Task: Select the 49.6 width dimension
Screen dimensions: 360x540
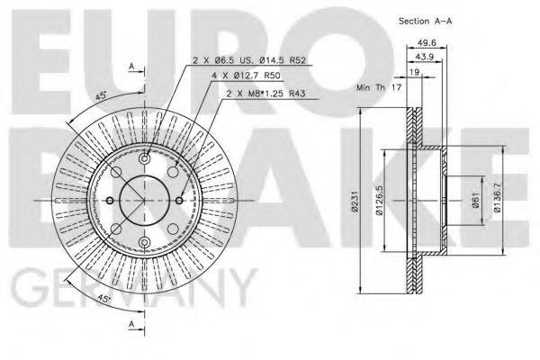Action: click(x=429, y=41)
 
